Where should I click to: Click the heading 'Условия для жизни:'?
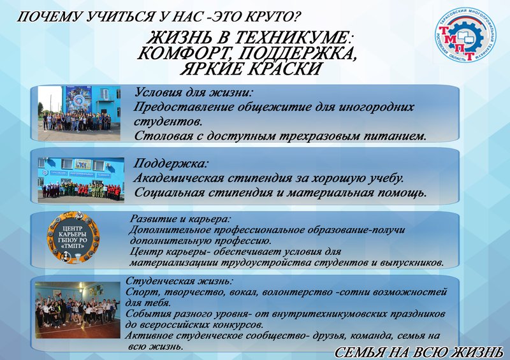click(191, 92)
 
